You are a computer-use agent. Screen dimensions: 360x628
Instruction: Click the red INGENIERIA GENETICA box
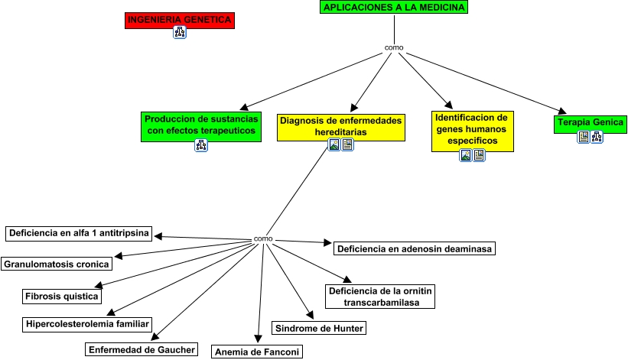pos(179,21)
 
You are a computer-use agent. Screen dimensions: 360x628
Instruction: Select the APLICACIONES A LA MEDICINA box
pos(394,8)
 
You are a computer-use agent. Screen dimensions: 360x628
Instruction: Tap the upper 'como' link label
pos(394,48)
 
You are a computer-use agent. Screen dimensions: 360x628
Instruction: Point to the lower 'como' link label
pos(263,239)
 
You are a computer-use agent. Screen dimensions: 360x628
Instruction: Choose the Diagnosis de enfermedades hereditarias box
pos(341,126)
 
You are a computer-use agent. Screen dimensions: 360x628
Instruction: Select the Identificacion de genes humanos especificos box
pos(472,130)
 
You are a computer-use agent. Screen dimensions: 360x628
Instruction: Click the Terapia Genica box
pos(591,122)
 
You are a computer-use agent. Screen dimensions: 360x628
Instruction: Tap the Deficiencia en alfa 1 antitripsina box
pos(79,232)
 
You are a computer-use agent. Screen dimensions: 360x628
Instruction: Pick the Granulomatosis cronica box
pos(57,264)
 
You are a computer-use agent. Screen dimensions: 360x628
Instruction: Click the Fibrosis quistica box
pos(62,296)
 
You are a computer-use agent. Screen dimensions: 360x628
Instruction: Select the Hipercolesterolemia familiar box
pos(86,324)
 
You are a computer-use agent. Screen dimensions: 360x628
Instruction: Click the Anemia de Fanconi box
pos(257,352)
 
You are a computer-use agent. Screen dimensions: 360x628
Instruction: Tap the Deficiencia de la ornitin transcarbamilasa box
pos(379,297)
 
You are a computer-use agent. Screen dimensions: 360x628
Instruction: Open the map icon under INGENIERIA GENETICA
pos(180,32)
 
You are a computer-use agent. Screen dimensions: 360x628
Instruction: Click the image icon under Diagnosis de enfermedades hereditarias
pos(334,144)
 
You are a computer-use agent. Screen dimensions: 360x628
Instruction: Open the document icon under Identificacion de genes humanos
pos(479,155)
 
